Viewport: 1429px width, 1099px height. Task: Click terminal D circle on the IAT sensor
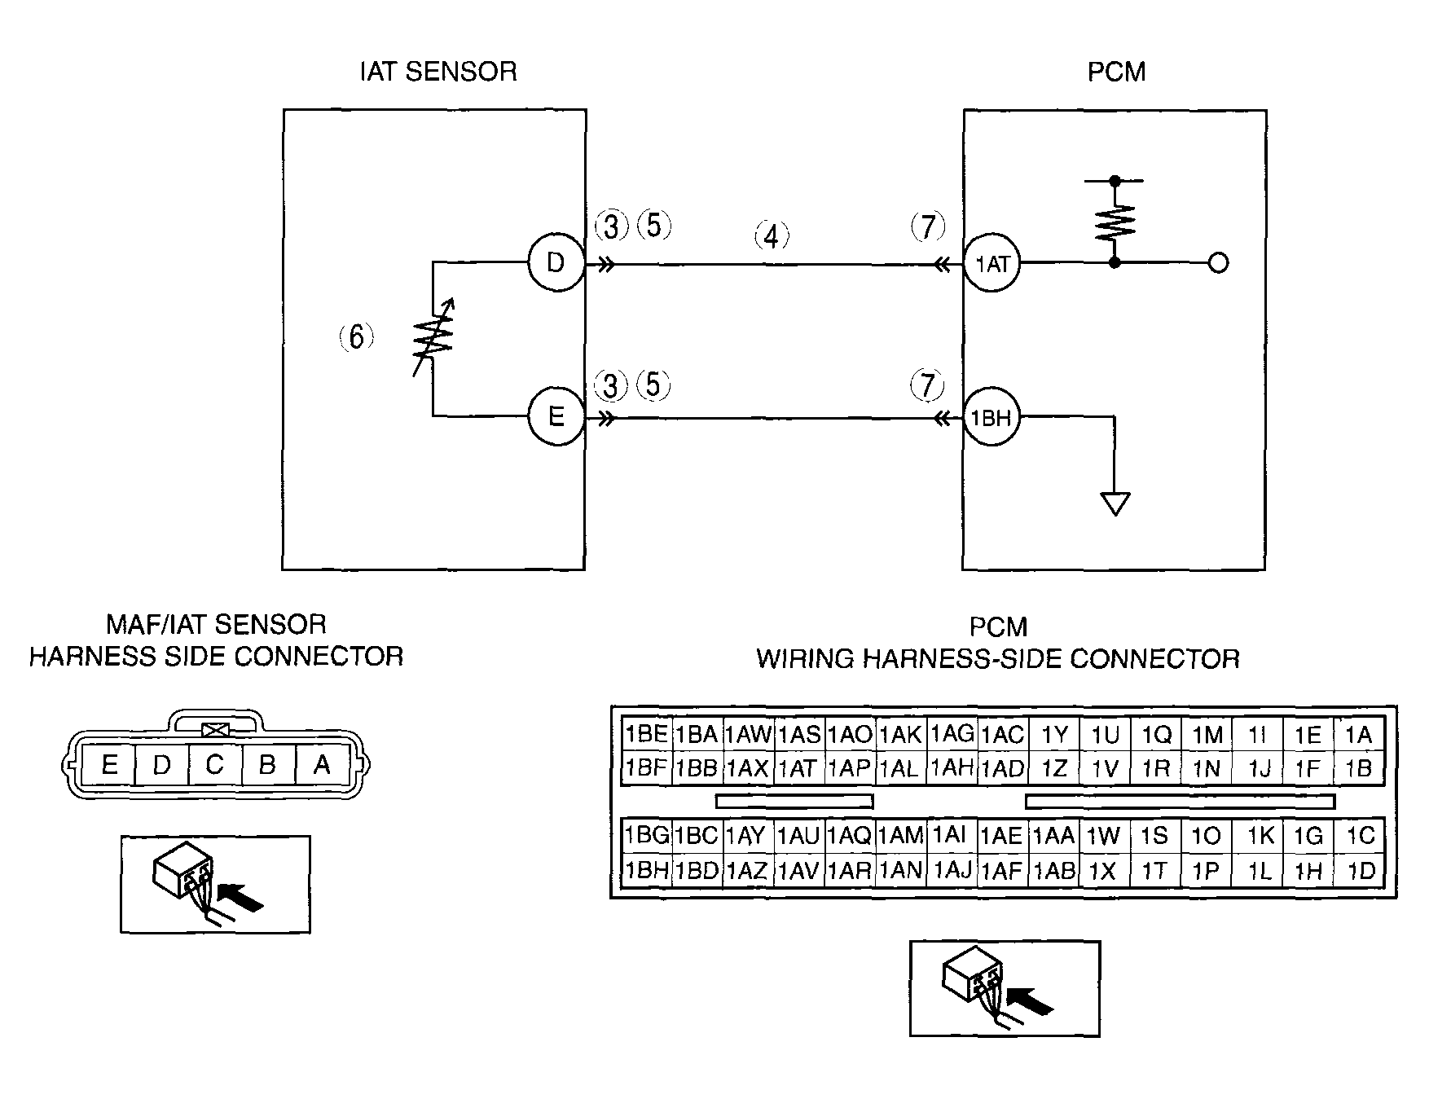pyautogui.click(x=556, y=263)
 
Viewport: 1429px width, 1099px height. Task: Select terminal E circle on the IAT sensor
pyautogui.click(x=556, y=417)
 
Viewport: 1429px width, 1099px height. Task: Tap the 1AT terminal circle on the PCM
pyautogui.click(x=992, y=263)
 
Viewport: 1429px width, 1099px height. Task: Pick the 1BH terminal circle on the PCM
pyautogui.click(x=992, y=418)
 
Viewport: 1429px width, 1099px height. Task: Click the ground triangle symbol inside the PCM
pyautogui.click(x=1115, y=503)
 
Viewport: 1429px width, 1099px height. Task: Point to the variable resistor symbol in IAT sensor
pyautogui.click(x=433, y=338)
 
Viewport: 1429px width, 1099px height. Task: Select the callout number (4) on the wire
pyautogui.click(x=771, y=236)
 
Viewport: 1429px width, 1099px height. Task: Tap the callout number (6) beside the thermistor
pyautogui.click(x=356, y=336)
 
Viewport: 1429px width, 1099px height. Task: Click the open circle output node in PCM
pyautogui.click(x=1218, y=263)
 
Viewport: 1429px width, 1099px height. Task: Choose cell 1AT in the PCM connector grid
pyautogui.click(x=798, y=768)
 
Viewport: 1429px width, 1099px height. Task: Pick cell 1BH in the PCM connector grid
pyautogui.click(x=647, y=870)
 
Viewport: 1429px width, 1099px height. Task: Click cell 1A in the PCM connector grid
pyautogui.click(x=1358, y=735)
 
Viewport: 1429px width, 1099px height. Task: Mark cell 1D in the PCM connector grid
pyautogui.click(x=1359, y=870)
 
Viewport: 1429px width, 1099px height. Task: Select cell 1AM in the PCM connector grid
pyautogui.click(x=901, y=835)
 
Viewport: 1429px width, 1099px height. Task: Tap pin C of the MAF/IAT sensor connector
pyautogui.click(x=214, y=765)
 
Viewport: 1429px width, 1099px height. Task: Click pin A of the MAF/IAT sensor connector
pyautogui.click(x=322, y=765)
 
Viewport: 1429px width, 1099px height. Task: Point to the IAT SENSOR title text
pyautogui.click(x=438, y=72)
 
